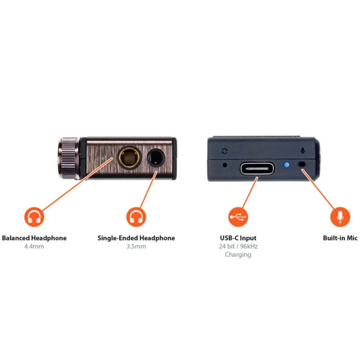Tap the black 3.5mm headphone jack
click(156, 157)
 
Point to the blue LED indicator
click(287, 164)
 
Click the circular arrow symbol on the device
click(225, 151)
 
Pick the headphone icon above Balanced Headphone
click(34, 217)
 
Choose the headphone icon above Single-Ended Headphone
click(136, 217)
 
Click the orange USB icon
click(238, 217)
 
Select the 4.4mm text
click(34, 247)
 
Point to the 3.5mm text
click(136, 247)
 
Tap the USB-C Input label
click(238, 238)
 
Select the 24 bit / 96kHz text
click(238, 247)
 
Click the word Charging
click(238, 255)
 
